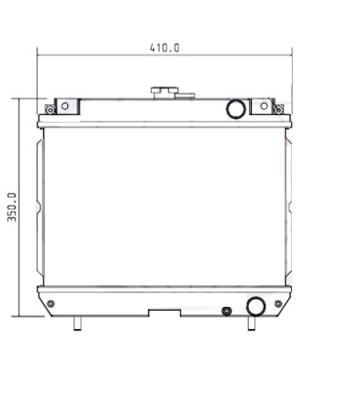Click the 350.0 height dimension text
(x=13, y=206)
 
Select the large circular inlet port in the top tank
(x=234, y=108)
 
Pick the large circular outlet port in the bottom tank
(x=256, y=306)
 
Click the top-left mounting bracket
(x=65, y=105)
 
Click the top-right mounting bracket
(x=262, y=105)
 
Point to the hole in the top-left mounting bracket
(x=64, y=105)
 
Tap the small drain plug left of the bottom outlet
(x=226, y=312)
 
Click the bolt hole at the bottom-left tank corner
(x=50, y=305)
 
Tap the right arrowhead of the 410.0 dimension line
(x=287, y=55)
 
